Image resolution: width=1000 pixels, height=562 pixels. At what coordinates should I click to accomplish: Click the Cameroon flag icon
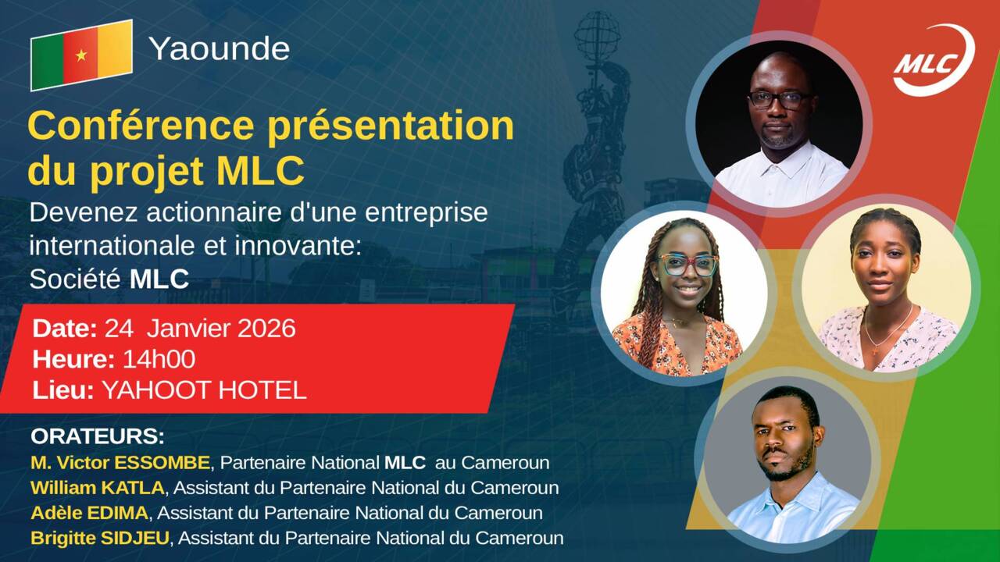tap(81, 55)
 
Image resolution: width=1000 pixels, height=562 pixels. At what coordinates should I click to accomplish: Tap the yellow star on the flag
tap(81, 55)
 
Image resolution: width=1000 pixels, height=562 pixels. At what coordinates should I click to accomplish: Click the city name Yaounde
tap(219, 49)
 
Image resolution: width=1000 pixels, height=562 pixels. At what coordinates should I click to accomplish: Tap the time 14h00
tap(159, 359)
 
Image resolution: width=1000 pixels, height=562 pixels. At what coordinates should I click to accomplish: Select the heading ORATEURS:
tap(98, 436)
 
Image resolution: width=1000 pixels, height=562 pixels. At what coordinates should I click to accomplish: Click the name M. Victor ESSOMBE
tap(121, 462)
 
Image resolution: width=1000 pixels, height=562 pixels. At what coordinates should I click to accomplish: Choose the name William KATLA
tap(98, 488)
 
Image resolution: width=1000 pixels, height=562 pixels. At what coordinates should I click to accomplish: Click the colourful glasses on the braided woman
tap(687, 265)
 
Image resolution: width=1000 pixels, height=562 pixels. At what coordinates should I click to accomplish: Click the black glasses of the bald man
tap(779, 100)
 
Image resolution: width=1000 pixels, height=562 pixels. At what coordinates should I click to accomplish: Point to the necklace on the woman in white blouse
tap(887, 328)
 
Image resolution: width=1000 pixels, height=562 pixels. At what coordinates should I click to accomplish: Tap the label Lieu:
tap(64, 390)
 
